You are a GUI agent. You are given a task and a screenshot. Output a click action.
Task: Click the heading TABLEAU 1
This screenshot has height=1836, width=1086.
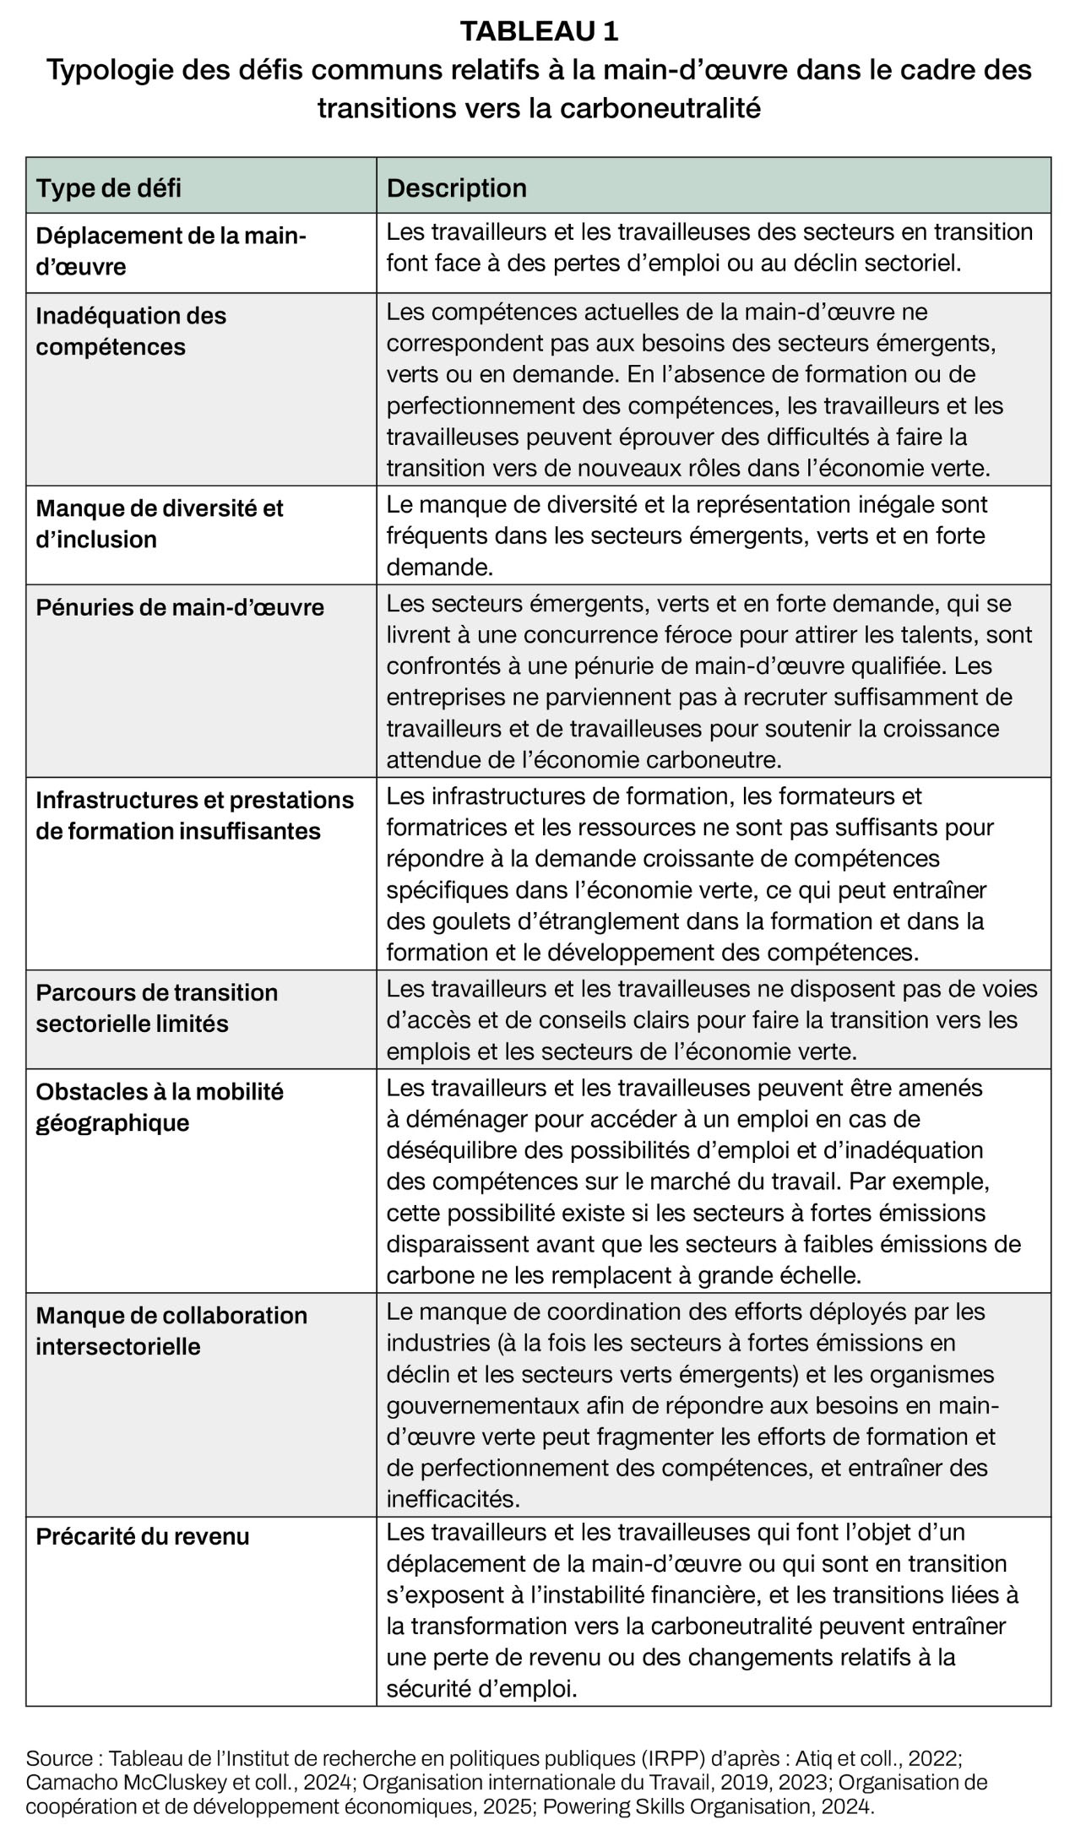539,31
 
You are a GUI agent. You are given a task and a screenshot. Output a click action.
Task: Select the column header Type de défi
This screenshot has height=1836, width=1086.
108,187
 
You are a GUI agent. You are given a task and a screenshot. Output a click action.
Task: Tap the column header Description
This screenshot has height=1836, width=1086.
456,187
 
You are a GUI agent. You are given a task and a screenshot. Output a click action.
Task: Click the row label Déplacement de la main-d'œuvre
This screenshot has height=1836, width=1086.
171,252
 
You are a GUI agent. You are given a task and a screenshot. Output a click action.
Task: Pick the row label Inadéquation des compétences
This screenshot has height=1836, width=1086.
131,331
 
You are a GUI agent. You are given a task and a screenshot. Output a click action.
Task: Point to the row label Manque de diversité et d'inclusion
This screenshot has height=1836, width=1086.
160,524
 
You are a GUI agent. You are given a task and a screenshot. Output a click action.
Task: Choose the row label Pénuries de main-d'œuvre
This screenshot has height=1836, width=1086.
180,608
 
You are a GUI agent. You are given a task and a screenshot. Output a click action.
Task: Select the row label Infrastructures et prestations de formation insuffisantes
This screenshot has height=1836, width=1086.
194,816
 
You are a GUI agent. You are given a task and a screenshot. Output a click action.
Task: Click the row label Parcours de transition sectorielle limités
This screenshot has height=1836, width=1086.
156,1008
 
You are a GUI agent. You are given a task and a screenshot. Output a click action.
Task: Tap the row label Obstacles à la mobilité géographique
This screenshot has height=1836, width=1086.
160,1107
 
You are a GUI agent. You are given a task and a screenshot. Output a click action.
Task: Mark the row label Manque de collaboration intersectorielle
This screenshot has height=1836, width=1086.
171,1331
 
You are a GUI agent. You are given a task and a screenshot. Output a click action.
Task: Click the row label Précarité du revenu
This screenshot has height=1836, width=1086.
143,1536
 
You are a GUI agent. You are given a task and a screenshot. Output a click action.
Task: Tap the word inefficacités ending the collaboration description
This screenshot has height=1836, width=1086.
453,1499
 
